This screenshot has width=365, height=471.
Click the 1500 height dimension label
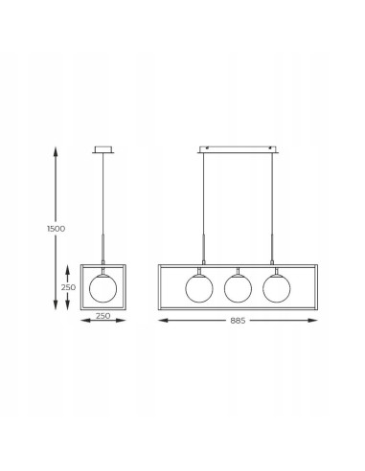point(56,229)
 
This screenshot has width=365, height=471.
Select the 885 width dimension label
point(238,321)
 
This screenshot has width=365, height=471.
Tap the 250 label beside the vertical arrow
point(68,287)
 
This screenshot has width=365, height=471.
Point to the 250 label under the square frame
point(103,316)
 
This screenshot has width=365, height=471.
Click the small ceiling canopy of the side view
point(103,149)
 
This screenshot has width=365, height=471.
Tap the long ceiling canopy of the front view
point(238,149)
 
